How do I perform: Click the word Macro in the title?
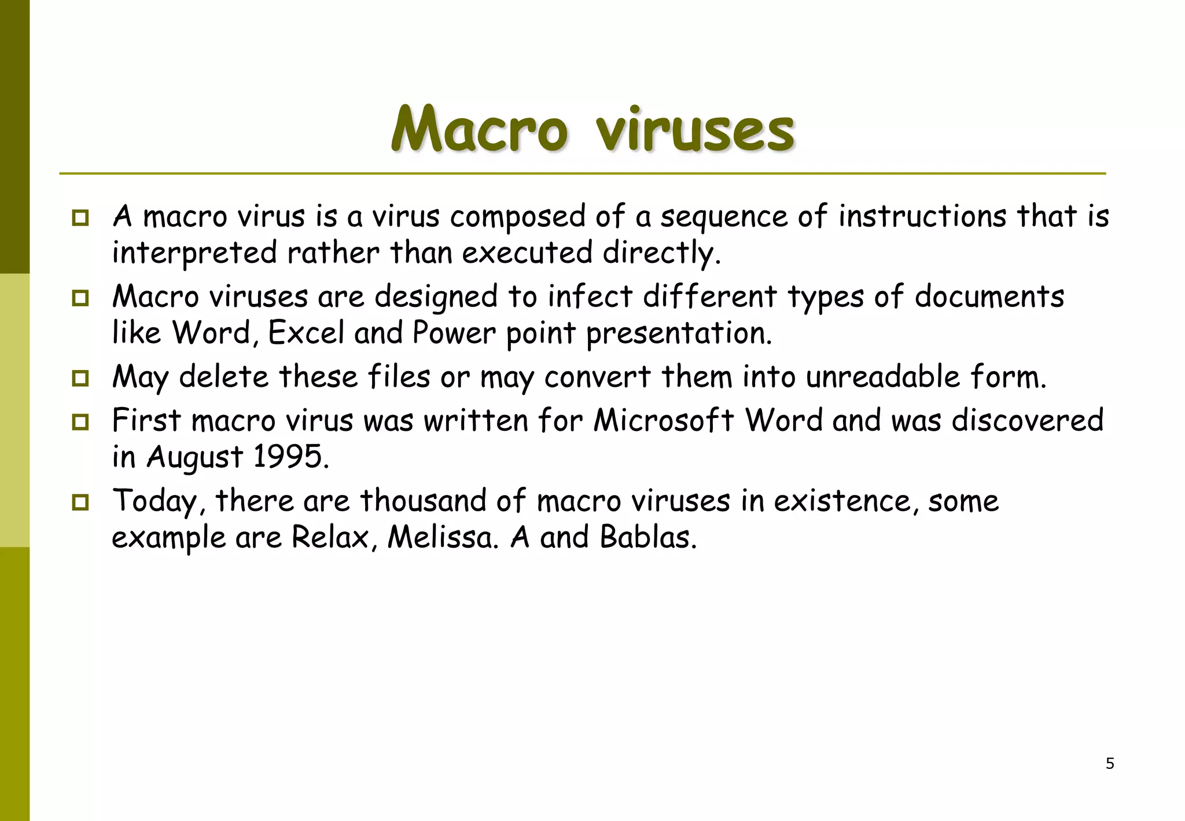click(x=479, y=129)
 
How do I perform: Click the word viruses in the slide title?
click(x=695, y=130)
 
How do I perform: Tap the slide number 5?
click(x=1110, y=764)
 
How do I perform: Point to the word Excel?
click(x=306, y=333)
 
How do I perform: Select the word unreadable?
click(x=883, y=376)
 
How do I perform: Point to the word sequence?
click(x=724, y=217)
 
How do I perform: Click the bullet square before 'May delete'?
click(x=80, y=379)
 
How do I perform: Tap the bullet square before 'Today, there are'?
click(x=80, y=502)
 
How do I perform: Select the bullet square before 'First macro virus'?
click(x=80, y=422)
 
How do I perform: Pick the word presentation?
click(x=679, y=334)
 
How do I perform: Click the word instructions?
click(x=922, y=216)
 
